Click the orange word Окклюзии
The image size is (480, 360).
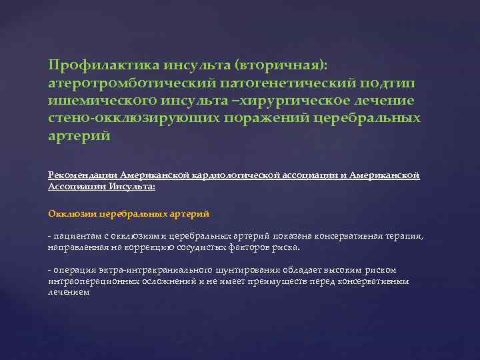[x=72, y=213]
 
